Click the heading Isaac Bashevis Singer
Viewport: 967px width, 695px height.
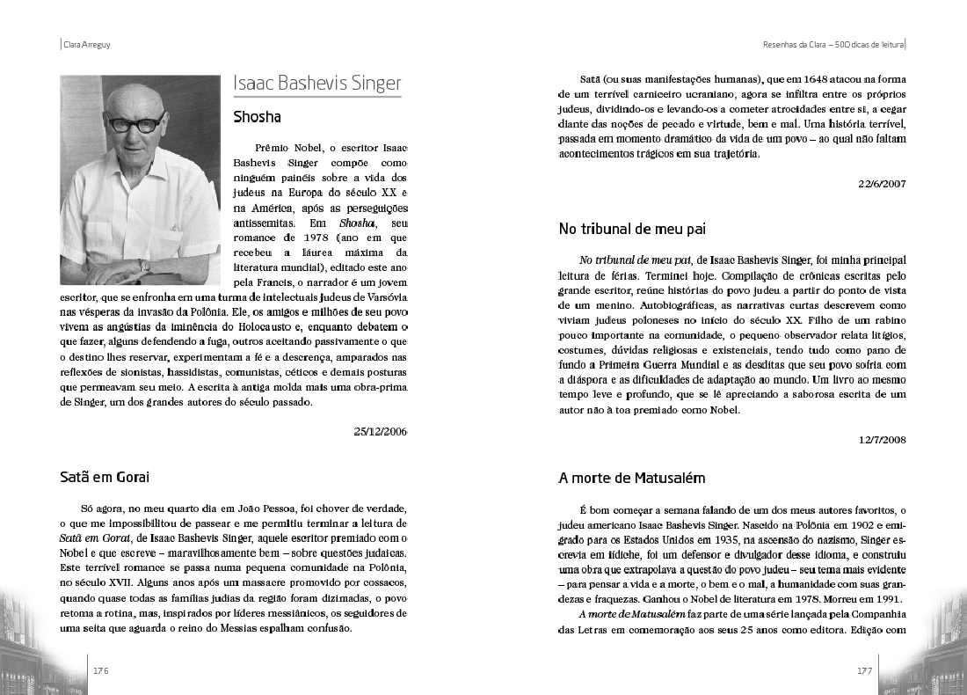316,84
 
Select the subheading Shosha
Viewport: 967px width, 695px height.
257,116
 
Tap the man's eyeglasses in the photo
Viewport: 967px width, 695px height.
134,123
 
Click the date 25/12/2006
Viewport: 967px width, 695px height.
380,431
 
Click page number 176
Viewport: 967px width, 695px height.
101,670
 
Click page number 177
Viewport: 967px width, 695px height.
864,670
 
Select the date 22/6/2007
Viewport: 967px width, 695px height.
882,183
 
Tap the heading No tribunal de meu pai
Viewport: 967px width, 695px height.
633,229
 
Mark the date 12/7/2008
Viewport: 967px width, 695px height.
882,439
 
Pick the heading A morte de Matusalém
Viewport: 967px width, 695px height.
632,479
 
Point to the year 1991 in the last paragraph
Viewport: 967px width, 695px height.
888,599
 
